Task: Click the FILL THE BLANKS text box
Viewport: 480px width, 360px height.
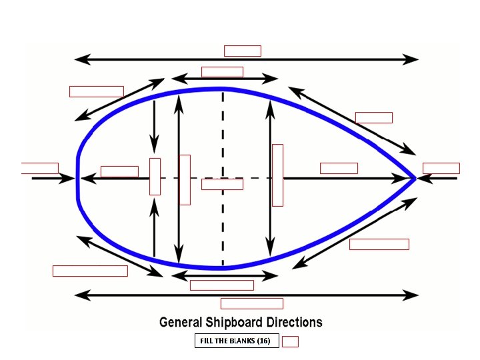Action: pyautogui.click(x=236, y=341)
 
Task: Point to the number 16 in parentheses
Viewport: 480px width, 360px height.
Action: pyautogui.click(x=263, y=341)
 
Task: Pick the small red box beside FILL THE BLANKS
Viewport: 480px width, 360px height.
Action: pyautogui.click(x=290, y=342)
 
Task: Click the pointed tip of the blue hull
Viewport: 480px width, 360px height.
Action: pyautogui.click(x=415, y=178)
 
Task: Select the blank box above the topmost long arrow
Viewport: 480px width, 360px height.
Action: pyautogui.click(x=242, y=51)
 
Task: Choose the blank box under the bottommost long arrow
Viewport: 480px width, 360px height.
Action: pyautogui.click(x=251, y=303)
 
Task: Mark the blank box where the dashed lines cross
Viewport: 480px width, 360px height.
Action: pyautogui.click(x=222, y=184)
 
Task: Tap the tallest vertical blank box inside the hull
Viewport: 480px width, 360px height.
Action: pyautogui.click(x=277, y=175)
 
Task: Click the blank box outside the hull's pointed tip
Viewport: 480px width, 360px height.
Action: pyautogui.click(x=441, y=168)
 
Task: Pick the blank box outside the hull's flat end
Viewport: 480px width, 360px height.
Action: pyautogui.click(x=39, y=168)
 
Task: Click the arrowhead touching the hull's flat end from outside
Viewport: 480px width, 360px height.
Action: pyautogui.click(x=69, y=178)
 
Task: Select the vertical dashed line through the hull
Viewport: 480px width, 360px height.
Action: pyautogui.click(x=223, y=133)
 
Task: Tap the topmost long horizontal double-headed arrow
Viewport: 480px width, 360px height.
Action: pyautogui.click(x=247, y=59)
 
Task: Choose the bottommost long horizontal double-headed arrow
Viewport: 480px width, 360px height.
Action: pyautogui.click(x=247, y=294)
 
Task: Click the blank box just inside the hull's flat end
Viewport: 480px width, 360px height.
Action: pyautogui.click(x=119, y=171)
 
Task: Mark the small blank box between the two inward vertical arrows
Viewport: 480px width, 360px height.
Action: pyautogui.click(x=155, y=176)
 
